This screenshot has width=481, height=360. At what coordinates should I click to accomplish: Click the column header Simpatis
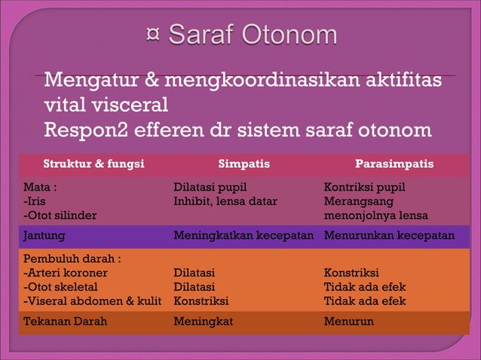click(244, 163)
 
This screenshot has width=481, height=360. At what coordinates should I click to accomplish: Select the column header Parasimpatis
click(394, 163)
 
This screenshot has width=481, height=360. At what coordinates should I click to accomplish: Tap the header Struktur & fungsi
click(93, 163)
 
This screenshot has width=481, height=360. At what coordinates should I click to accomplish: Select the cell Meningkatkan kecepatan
click(244, 235)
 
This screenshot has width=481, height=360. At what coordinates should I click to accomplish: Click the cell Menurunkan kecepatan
click(389, 235)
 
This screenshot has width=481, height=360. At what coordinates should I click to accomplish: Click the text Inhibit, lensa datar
click(225, 201)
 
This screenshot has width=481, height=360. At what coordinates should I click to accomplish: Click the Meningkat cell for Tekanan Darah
click(203, 321)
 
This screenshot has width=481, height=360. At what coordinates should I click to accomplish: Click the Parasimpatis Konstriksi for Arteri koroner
click(351, 273)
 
